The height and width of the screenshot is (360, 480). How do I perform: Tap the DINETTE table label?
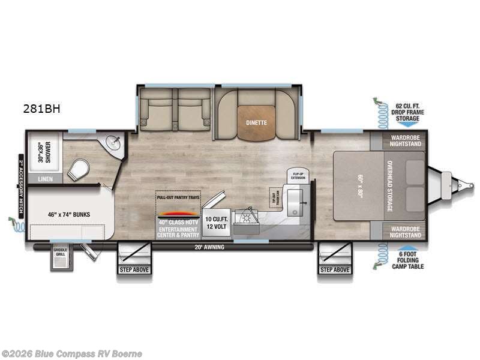click(x=256, y=122)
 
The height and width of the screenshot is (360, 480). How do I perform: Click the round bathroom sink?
click(x=113, y=143)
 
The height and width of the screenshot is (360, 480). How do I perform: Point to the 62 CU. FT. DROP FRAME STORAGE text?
click(x=407, y=113)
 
